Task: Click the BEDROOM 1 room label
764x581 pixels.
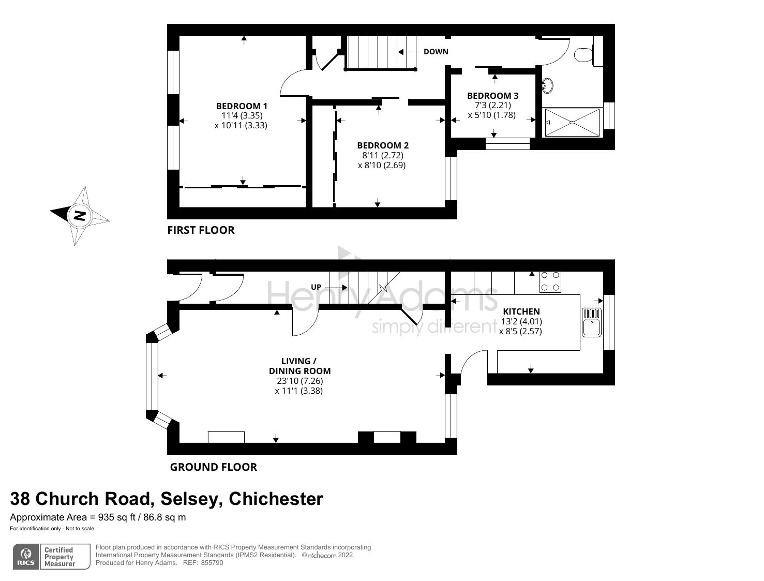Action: pyautogui.click(x=242, y=106)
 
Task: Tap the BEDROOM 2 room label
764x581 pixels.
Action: pyautogui.click(x=383, y=145)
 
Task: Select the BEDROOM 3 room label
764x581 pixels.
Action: pyautogui.click(x=492, y=96)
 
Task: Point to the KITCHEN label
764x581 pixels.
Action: pyautogui.click(x=521, y=311)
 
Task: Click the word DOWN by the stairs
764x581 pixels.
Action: pyautogui.click(x=436, y=52)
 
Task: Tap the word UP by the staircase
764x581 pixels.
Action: pyautogui.click(x=316, y=287)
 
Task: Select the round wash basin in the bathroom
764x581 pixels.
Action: pyautogui.click(x=548, y=85)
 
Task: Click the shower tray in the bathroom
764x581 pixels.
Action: pyautogui.click(x=572, y=123)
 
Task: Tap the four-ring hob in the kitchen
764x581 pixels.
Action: pyautogui.click(x=550, y=281)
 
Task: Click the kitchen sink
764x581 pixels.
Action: pyautogui.click(x=591, y=322)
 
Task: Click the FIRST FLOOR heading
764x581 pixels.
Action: pyautogui.click(x=201, y=230)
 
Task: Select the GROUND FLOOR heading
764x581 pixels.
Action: pyautogui.click(x=214, y=467)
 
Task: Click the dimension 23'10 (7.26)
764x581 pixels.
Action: pyautogui.click(x=299, y=381)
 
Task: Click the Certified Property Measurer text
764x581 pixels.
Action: pyautogui.click(x=59, y=557)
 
